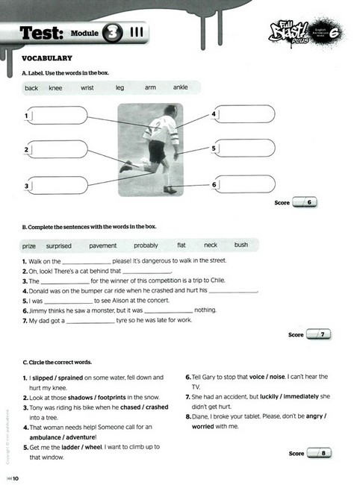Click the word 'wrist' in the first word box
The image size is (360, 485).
click(88, 88)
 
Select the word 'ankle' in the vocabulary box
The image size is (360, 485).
click(181, 88)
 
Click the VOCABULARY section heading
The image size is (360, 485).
click(47, 58)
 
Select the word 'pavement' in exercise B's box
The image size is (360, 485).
click(103, 245)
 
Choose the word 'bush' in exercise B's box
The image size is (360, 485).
click(240, 245)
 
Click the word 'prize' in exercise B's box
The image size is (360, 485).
click(29, 245)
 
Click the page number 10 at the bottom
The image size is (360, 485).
click(13, 478)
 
